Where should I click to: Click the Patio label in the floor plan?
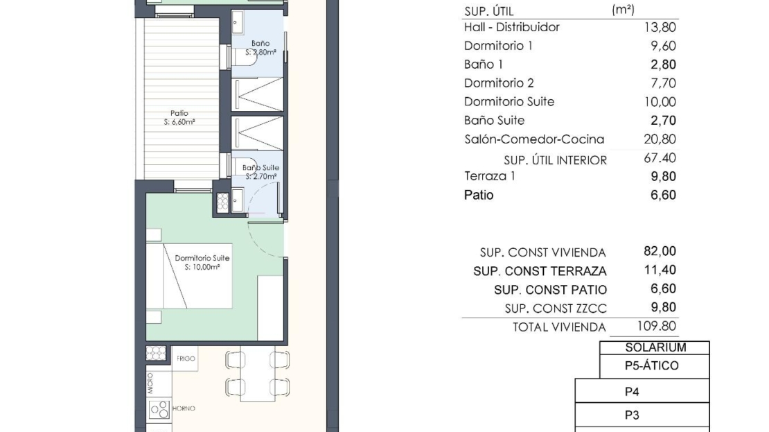[179, 114]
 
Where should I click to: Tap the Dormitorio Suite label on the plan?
[202, 258]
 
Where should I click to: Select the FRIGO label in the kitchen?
[186, 359]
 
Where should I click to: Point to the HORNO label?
[184, 408]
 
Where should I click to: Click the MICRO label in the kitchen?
[150, 383]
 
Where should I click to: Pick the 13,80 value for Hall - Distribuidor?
[660, 28]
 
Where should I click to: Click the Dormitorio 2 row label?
[499, 83]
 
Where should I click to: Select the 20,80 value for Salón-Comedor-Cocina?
[660, 139]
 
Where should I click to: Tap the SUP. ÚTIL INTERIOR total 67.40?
[660, 158]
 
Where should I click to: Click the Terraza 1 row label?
[489, 176]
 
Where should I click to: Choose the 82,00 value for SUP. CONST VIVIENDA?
[660, 251]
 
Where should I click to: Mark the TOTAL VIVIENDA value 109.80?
[657, 326]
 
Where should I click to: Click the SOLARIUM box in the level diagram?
[655, 347]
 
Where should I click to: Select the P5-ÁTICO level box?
[655, 366]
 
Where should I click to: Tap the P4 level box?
[642, 391]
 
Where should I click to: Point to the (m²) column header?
[624, 9]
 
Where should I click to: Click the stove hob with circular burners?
[159, 409]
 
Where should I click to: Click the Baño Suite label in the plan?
[260, 168]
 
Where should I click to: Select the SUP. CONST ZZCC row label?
[556, 309]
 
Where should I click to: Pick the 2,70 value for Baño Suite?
[663, 121]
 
